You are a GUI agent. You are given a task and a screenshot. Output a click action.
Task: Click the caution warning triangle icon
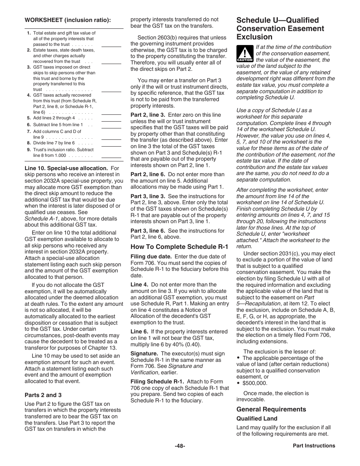[x=244, y=53]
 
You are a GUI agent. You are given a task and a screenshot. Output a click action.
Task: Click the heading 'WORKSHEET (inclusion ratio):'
[x=67, y=20]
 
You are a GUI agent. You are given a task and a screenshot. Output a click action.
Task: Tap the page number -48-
[x=180, y=446]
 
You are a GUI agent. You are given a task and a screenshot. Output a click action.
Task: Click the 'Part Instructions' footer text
[x=314, y=446]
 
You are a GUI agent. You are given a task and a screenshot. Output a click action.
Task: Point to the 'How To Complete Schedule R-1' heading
[x=179, y=247]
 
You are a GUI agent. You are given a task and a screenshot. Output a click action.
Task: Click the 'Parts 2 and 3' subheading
[x=43, y=395]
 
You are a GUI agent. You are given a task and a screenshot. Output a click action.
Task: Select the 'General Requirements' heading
[x=271, y=409]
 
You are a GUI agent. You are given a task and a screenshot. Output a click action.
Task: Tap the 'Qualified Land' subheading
[x=257, y=419]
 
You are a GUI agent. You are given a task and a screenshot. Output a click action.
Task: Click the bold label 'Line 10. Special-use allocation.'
[x=66, y=168]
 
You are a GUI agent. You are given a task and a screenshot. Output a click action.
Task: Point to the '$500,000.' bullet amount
[x=255, y=383]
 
